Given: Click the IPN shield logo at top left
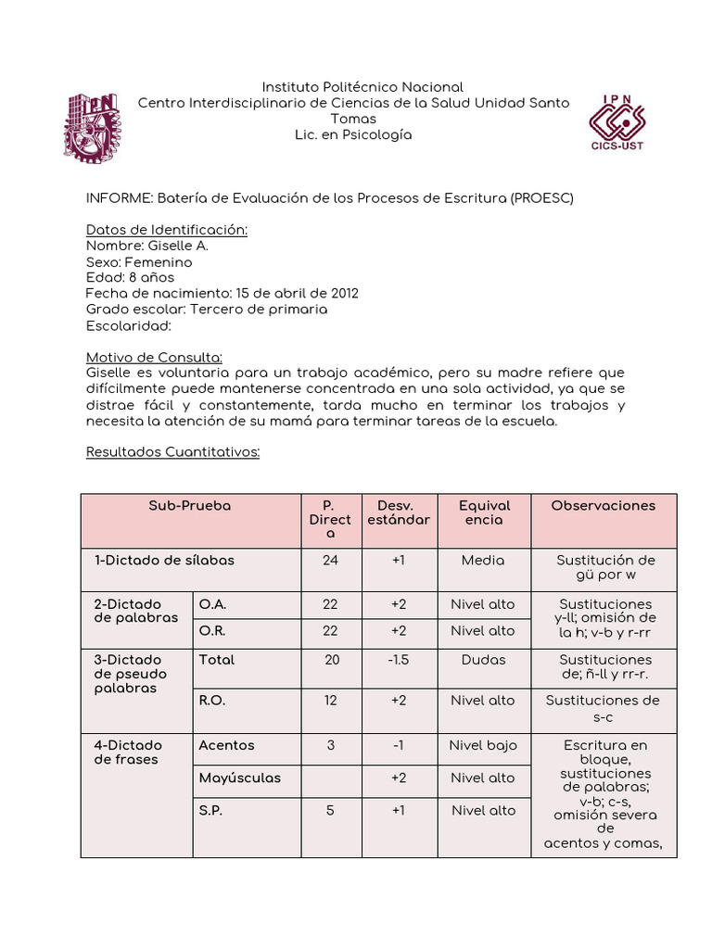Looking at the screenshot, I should pyautogui.click(x=92, y=128).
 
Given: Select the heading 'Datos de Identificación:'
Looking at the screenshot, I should pyautogui.click(x=166, y=230).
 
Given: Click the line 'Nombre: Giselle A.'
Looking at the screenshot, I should pyautogui.click(x=146, y=246).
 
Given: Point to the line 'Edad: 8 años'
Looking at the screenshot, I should pyautogui.click(x=130, y=277).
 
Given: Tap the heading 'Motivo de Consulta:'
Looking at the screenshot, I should pyautogui.click(x=154, y=357).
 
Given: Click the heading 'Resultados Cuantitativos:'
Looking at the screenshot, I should pyautogui.click(x=172, y=451).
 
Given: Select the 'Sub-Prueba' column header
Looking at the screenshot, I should pyautogui.click(x=189, y=506).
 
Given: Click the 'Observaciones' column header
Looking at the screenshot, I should pyautogui.click(x=603, y=506).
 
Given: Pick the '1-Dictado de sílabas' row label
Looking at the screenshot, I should pyautogui.click(x=164, y=561).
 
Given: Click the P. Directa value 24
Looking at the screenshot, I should pyautogui.click(x=330, y=561).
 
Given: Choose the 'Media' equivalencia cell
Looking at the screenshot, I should pyautogui.click(x=483, y=561).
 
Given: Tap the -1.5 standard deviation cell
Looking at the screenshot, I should pyautogui.click(x=398, y=660).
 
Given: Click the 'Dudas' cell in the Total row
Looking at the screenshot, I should pyautogui.click(x=483, y=660).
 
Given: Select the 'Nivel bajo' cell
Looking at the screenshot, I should pyautogui.click(x=483, y=745).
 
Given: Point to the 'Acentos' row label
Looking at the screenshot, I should pyautogui.click(x=226, y=745).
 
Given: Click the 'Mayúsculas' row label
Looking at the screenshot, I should pyautogui.click(x=239, y=778).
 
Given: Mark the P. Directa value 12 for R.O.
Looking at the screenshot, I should pyautogui.click(x=330, y=701).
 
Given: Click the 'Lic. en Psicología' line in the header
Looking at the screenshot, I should pyautogui.click(x=353, y=135).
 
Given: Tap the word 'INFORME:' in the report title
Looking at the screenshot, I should pyautogui.click(x=120, y=198).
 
